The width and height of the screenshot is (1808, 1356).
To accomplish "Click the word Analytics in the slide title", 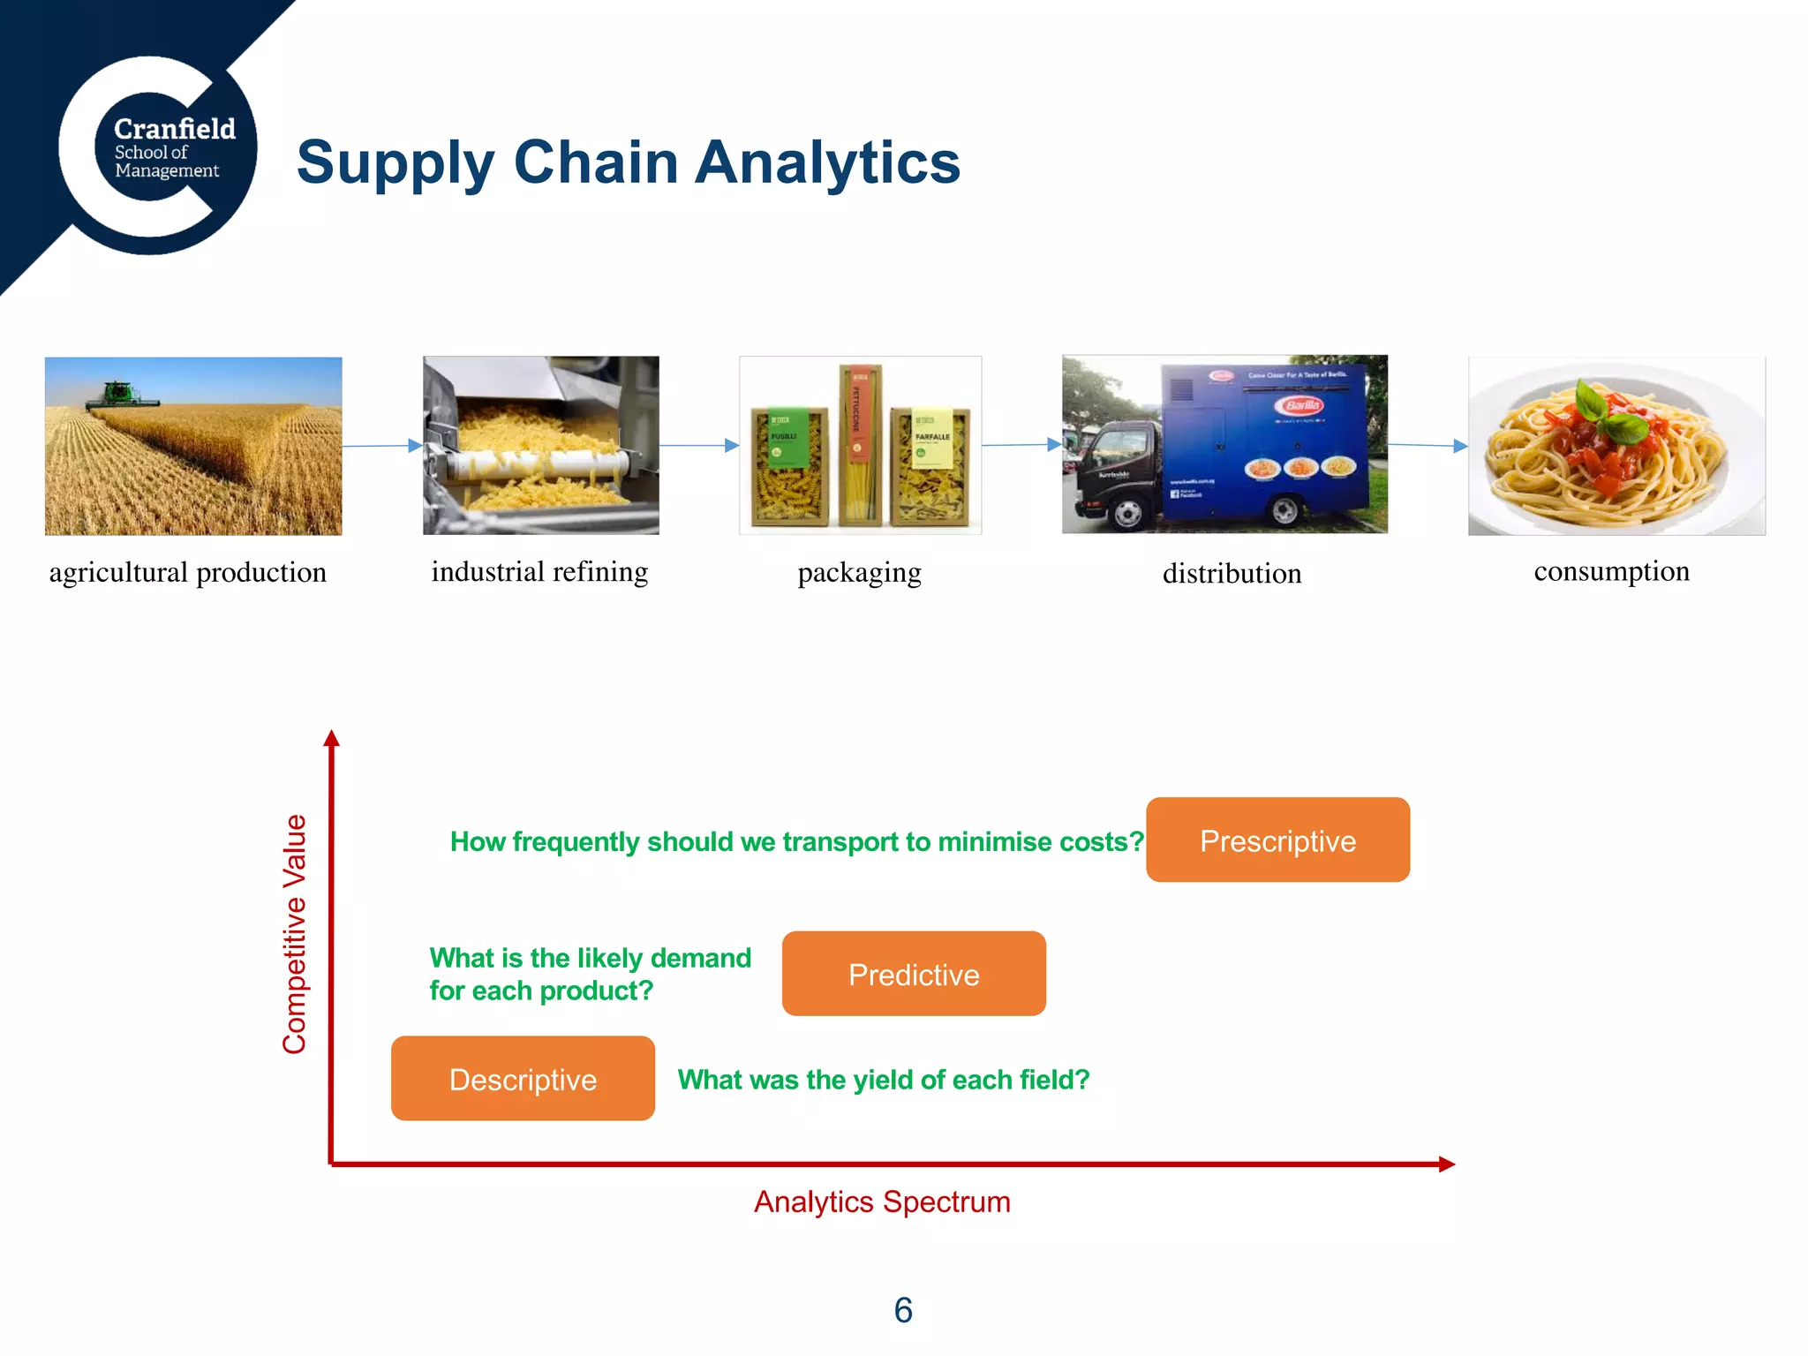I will pyautogui.click(x=827, y=162).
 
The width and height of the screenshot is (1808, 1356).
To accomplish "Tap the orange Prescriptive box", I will pyautogui.click(x=1277, y=840).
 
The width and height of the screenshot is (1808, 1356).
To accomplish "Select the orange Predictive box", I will pyautogui.click(x=914, y=974).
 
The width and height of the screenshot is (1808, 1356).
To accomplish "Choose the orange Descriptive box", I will pyautogui.click(x=523, y=1079).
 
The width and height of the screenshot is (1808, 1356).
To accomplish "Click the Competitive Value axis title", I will pyautogui.click(x=295, y=934).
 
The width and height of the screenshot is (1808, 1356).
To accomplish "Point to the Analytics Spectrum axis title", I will pyautogui.click(x=881, y=1202).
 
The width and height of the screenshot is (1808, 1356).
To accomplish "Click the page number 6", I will pyautogui.click(x=903, y=1310).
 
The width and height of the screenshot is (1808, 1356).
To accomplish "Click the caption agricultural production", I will pyautogui.click(x=187, y=572).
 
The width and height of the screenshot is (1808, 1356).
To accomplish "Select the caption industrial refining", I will pyautogui.click(x=539, y=571).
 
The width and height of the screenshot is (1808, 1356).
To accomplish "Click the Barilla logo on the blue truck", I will pyautogui.click(x=1301, y=405).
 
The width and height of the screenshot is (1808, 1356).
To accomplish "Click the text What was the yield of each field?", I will pyautogui.click(x=883, y=1080).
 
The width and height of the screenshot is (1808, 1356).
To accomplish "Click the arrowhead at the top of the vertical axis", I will pyautogui.click(x=332, y=738).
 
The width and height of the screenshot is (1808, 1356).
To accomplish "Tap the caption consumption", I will pyautogui.click(x=1611, y=571).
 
